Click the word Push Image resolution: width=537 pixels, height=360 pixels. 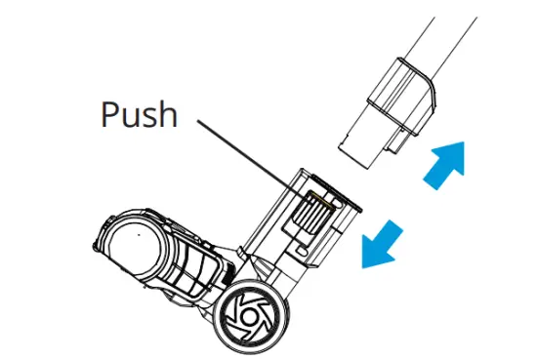coord(140,115)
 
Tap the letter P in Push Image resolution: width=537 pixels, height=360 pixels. coord(110,115)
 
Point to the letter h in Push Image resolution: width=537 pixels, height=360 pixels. coord(168,114)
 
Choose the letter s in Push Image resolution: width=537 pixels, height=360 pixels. coord(151,118)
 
